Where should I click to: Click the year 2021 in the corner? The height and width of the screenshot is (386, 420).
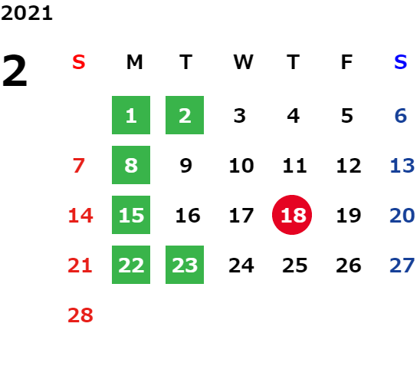[27, 13]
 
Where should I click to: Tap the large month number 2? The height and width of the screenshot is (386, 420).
[15, 71]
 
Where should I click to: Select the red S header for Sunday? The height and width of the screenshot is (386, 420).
[79, 62]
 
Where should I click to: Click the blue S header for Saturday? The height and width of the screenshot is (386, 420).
[401, 62]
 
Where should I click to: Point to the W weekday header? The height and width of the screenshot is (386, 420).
[243, 62]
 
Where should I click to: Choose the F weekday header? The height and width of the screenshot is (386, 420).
[347, 62]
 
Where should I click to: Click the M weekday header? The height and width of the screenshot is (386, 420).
[134, 62]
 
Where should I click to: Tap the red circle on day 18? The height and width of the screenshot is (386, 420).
[292, 215]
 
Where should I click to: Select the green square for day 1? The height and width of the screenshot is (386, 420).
[131, 115]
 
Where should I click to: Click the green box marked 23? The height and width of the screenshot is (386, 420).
[185, 265]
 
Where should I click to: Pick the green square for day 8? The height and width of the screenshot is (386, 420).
[131, 165]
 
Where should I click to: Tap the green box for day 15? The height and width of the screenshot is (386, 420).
[131, 215]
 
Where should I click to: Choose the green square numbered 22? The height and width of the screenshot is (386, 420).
[131, 265]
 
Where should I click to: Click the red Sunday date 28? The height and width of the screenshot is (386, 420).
[80, 315]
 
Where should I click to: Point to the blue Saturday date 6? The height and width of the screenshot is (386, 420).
[401, 116]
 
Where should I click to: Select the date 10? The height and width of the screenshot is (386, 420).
[241, 166]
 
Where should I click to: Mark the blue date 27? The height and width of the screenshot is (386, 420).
[402, 266]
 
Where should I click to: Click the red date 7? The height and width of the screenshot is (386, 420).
[79, 166]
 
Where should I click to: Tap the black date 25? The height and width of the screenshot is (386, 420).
[294, 266]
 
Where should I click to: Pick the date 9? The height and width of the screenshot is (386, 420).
[186, 166]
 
